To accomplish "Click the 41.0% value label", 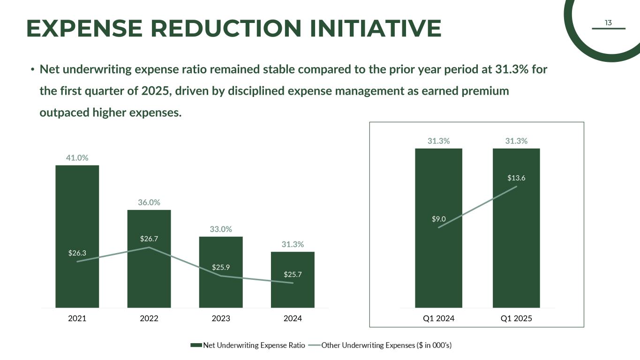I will (77, 158).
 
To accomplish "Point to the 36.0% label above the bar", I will (149, 202).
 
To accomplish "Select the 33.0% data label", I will (221, 229).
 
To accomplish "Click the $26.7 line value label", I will (149, 239).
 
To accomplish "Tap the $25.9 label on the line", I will (221, 268).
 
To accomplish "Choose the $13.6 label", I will (516, 178).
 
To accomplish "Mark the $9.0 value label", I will (439, 218).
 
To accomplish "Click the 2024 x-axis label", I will (293, 319).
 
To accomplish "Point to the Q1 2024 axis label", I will (439, 319).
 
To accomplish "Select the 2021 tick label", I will (77, 319).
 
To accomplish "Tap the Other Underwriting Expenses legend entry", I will (386, 345).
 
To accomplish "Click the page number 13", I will (609, 23).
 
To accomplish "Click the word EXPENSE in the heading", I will (84, 28).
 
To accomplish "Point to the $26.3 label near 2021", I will (77, 253).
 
